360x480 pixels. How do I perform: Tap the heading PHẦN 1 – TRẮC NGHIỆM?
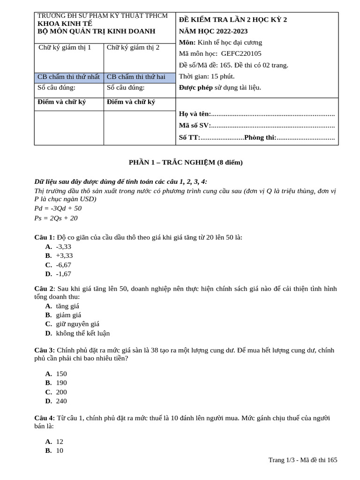pyautogui.click(x=186, y=163)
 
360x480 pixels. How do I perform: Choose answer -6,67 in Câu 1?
pyautogui.click(x=63, y=265)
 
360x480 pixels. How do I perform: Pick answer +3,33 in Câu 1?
pyautogui.click(x=64, y=255)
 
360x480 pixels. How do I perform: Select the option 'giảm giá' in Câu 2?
pyautogui.click(x=68, y=315)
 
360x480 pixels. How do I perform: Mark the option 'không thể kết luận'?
pyautogui.click(x=82, y=333)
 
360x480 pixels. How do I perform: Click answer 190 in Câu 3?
pyautogui.click(x=61, y=383)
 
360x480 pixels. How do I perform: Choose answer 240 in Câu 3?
pyautogui.click(x=61, y=401)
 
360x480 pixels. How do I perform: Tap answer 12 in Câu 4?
pyautogui.click(x=60, y=442)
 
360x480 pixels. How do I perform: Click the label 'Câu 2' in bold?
pyautogui.click(x=45, y=289)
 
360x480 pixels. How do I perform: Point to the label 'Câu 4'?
pyautogui.click(x=45, y=418)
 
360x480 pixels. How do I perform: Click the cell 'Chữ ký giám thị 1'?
pyautogui.click(x=65, y=47)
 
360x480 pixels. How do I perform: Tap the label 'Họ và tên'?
pyautogui.click(x=195, y=114)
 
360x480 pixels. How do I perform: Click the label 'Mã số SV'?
pyautogui.click(x=195, y=126)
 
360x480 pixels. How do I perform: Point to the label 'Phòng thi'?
pyautogui.click(x=260, y=137)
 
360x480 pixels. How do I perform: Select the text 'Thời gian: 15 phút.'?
pyautogui.click(x=207, y=76)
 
